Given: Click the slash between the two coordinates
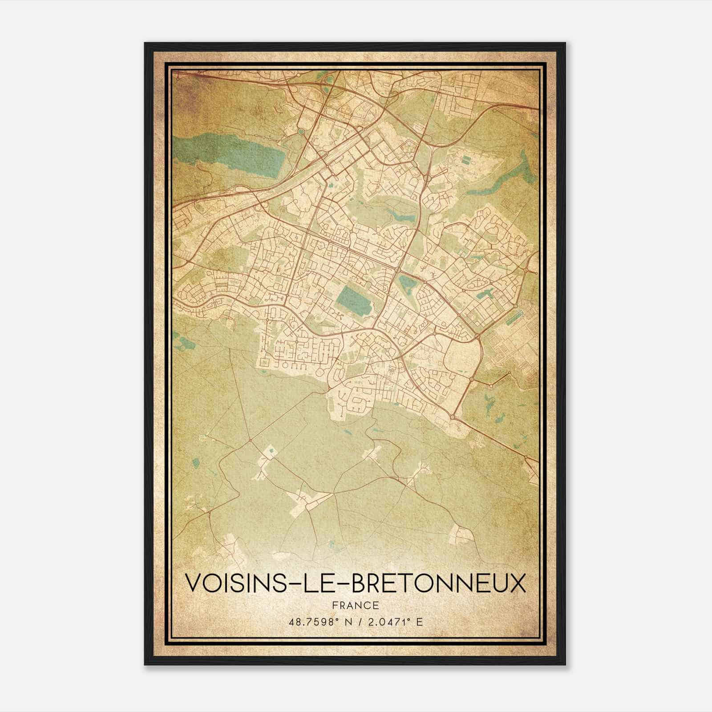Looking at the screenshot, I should tap(355, 622).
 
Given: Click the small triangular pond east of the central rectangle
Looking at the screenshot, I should tap(406, 283).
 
